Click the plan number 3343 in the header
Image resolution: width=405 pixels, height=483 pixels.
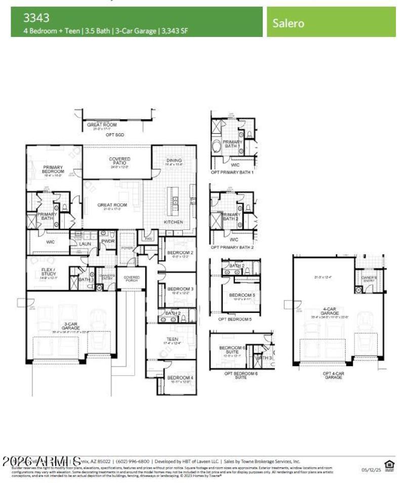click(36, 18)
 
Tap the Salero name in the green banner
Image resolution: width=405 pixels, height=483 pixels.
click(289, 23)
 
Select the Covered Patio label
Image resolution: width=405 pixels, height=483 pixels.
click(119, 161)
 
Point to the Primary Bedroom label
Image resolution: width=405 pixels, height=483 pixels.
click(53, 170)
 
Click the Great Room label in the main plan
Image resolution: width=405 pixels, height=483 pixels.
click(112, 205)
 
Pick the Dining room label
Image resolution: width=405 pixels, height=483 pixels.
click(174, 161)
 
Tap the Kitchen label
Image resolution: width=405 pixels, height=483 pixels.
click(174, 222)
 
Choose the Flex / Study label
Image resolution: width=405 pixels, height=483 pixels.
click(49, 271)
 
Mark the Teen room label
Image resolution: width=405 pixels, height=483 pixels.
click(172, 340)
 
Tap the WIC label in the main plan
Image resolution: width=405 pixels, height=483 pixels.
click(51, 242)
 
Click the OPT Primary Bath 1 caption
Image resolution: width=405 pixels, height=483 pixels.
click(232, 172)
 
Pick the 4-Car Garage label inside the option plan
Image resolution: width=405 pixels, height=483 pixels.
click(329, 311)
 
